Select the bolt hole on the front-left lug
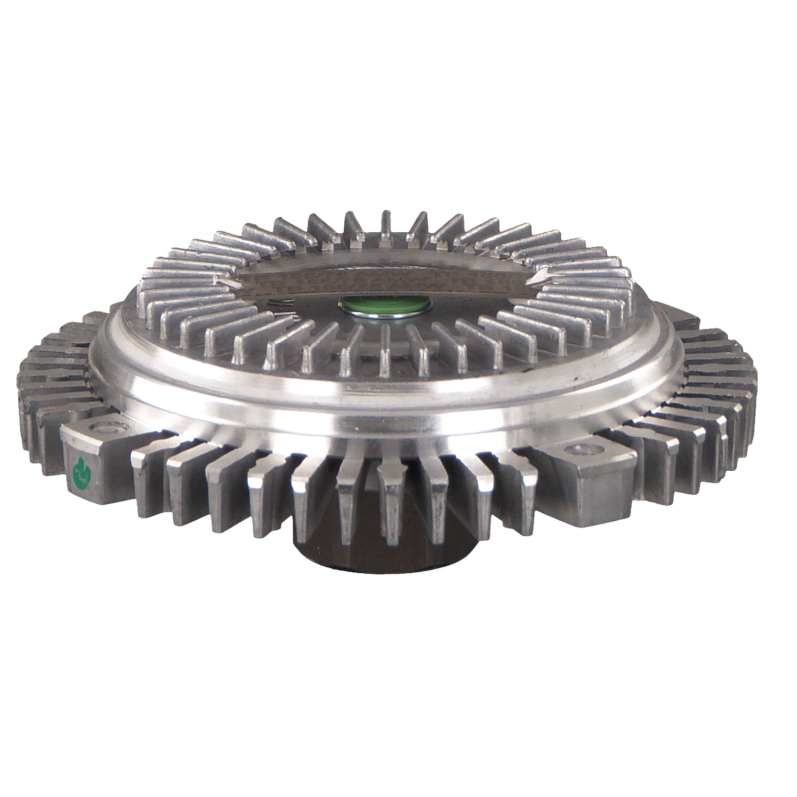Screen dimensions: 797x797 [x=103, y=428]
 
